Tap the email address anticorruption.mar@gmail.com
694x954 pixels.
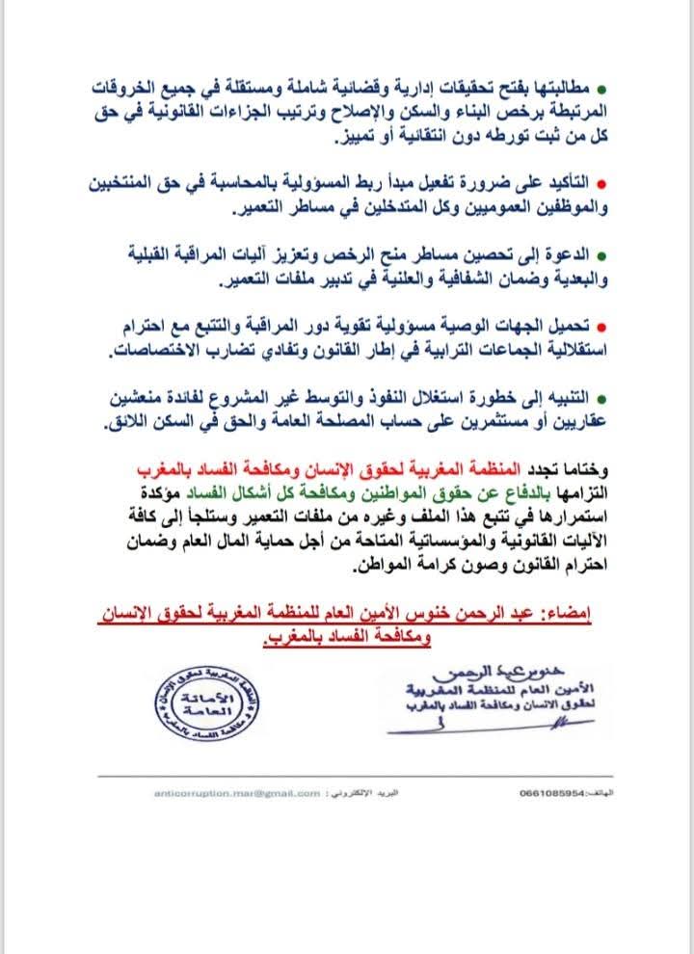(x=236, y=793)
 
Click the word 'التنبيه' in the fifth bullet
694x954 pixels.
(x=567, y=397)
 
